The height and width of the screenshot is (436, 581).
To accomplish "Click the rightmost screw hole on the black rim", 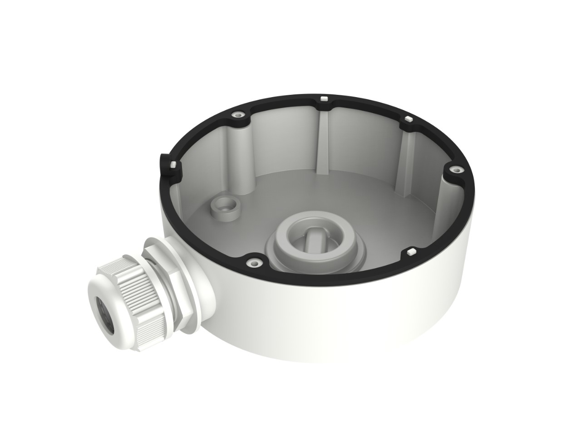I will coord(456,170).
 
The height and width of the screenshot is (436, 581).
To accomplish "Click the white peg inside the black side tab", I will coord(173,164).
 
